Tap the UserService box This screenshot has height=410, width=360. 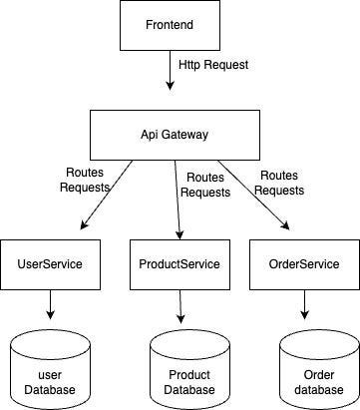tap(49, 264)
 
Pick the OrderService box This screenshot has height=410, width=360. tap(305, 264)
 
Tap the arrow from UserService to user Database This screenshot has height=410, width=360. tap(49, 305)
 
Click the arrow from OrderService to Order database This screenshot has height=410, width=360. tap(305, 305)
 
